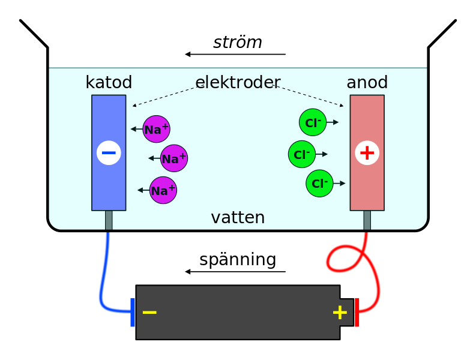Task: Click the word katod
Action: coord(109,83)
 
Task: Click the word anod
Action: coord(367,83)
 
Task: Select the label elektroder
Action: coord(238,83)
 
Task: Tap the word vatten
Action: coord(238,218)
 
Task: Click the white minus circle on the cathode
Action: coord(109,153)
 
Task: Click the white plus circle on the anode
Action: coord(367,153)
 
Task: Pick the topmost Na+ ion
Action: coord(157,129)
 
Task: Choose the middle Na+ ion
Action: coord(174,158)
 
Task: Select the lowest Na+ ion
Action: coord(163,190)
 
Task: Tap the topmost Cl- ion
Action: coord(313,122)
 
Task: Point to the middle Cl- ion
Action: coord(302,154)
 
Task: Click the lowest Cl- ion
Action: coord(319,183)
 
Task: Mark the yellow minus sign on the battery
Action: coord(149,313)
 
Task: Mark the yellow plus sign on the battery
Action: coord(340,313)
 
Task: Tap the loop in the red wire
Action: coord(343,258)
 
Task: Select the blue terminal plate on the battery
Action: coord(133,312)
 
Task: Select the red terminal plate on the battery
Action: coord(357,312)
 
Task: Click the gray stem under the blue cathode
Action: coord(109,220)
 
